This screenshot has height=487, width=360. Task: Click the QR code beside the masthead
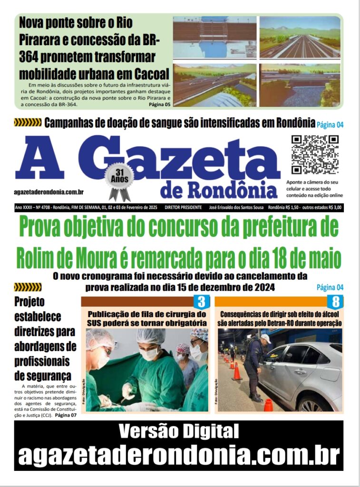pyautogui.click(x=314, y=155)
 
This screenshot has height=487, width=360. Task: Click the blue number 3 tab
pyautogui.click(x=201, y=302)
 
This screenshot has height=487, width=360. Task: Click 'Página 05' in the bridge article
pyautogui.click(x=159, y=104)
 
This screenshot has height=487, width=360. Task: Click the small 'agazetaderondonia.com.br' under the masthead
pyautogui.click(x=49, y=191)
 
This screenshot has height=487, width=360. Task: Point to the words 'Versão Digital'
pyautogui.click(x=178, y=432)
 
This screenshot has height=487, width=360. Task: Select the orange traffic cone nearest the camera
pyautogui.click(x=268, y=405)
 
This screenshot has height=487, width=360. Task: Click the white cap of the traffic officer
pyautogui.click(x=265, y=338)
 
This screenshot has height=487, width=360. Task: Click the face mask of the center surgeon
pyautogui.click(x=149, y=353)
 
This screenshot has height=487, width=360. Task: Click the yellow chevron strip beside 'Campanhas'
pyautogui.click(x=28, y=123)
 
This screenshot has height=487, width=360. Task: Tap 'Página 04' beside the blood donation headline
pyautogui.click(x=330, y=125)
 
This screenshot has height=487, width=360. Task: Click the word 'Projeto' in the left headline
pyautogui.click(x=29, y=302)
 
